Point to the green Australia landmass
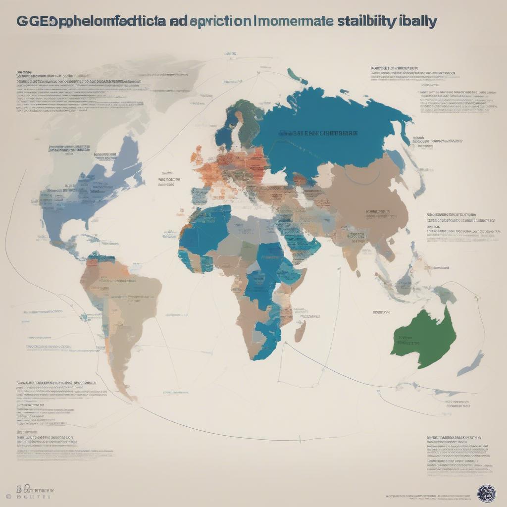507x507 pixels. pos(426,332)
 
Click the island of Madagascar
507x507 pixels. pos(300,330)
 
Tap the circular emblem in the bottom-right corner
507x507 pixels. pos(486,493)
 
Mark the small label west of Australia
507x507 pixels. pos(381,312)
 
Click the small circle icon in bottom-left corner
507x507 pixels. pos(8,496)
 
